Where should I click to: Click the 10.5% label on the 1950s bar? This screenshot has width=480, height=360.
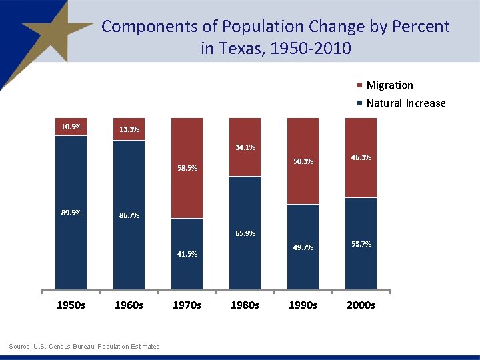71,127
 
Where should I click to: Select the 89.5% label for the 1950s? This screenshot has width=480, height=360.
71,213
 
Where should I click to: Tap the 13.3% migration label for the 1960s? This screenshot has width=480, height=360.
129,129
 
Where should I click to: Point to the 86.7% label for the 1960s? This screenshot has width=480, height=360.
129,216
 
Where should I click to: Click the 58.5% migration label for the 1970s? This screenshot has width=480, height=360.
187,169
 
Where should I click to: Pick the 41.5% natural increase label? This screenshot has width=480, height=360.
187,254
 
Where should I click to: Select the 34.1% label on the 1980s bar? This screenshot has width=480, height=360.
245,147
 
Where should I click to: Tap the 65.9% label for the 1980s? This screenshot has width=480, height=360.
245,233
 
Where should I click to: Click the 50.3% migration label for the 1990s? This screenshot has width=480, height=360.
303,161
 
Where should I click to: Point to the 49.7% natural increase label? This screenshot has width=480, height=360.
303,247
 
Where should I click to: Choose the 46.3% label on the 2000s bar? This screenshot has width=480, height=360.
361,158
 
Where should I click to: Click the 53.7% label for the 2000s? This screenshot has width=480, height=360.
361,244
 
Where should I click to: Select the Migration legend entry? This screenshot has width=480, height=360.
389,85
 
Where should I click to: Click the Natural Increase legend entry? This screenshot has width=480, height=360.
405,103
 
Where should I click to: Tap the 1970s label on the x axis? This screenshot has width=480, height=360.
187,305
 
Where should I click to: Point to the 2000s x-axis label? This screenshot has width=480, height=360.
361,305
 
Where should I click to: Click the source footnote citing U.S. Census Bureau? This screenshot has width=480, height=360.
84,346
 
